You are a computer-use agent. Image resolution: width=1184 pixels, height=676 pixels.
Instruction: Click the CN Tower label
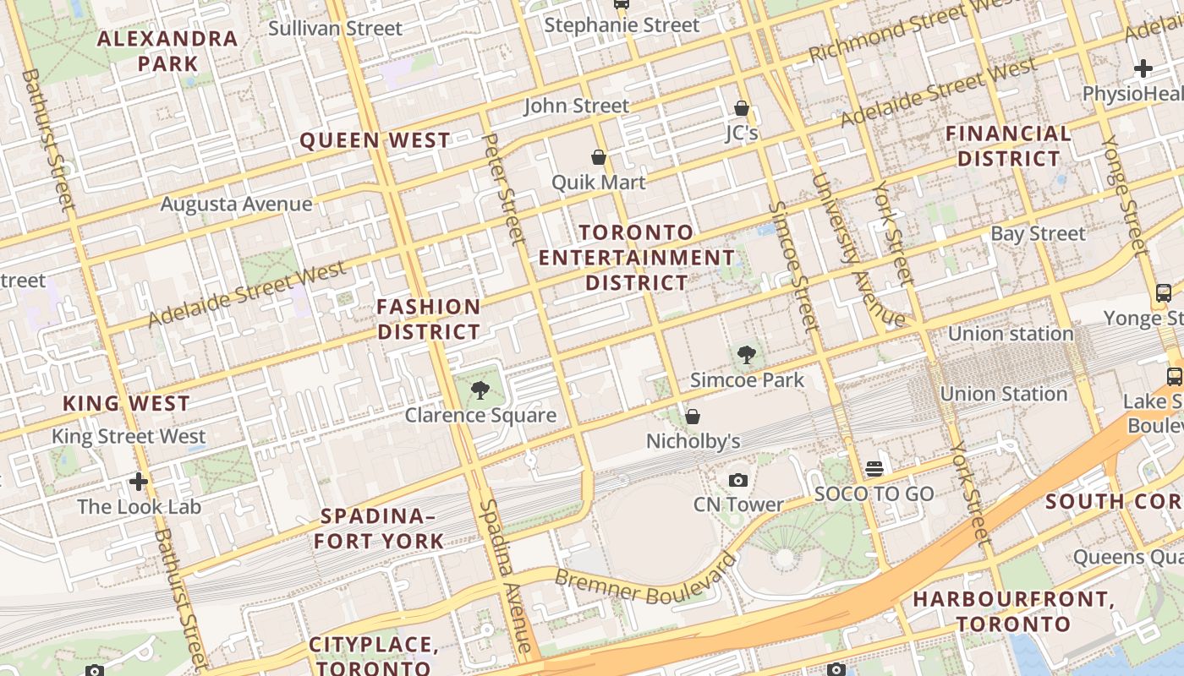738,504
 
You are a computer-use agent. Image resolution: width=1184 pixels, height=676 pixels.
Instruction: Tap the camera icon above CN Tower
738,481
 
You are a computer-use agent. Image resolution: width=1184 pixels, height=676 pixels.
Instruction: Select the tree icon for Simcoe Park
746,355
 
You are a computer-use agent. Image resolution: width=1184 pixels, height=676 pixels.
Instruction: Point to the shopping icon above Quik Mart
599,158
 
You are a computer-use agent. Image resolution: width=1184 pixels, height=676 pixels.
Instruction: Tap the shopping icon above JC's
742,109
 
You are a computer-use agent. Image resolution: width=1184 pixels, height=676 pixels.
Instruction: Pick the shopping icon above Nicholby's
693,417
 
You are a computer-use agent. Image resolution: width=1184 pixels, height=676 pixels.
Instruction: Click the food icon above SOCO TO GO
874,469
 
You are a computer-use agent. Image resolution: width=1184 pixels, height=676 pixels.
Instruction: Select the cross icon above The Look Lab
139,482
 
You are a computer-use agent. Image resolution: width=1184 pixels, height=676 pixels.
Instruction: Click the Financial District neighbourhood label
1008,146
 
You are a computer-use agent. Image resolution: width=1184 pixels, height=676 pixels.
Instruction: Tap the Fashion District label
429,319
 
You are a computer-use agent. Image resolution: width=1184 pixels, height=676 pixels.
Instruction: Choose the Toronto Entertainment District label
637,257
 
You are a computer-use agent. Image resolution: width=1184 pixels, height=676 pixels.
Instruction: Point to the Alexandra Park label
167,51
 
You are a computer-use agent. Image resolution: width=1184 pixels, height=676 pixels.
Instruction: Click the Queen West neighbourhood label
375,140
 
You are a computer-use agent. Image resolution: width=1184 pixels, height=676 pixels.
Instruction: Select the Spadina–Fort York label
379,528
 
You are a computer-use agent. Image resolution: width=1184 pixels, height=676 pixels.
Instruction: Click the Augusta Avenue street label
236,204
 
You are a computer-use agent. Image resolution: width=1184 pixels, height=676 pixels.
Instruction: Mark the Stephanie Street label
622,25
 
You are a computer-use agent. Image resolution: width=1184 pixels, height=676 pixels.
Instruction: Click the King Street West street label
129,437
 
